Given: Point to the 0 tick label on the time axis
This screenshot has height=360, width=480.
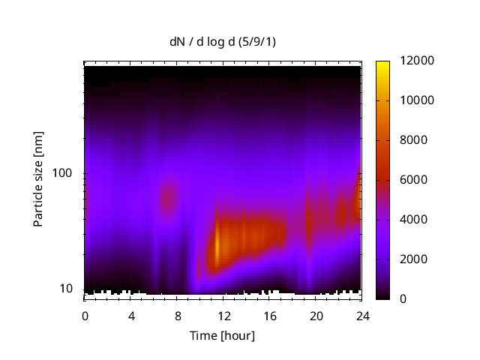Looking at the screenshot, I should [85, 315].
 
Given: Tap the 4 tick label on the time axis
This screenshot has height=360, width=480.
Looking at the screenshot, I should [131, 315].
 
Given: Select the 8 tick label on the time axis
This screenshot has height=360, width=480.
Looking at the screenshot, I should [177, 315].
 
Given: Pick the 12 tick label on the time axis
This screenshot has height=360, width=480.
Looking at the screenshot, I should [223, 315].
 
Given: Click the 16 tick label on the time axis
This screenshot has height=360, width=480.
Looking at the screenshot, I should [270, 315].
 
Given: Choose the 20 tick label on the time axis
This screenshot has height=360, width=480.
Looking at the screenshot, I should [316, 315].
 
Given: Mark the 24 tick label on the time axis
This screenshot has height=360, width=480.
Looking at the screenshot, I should [362, 315].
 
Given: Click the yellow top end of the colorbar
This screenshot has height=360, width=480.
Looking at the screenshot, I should [382, 64].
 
